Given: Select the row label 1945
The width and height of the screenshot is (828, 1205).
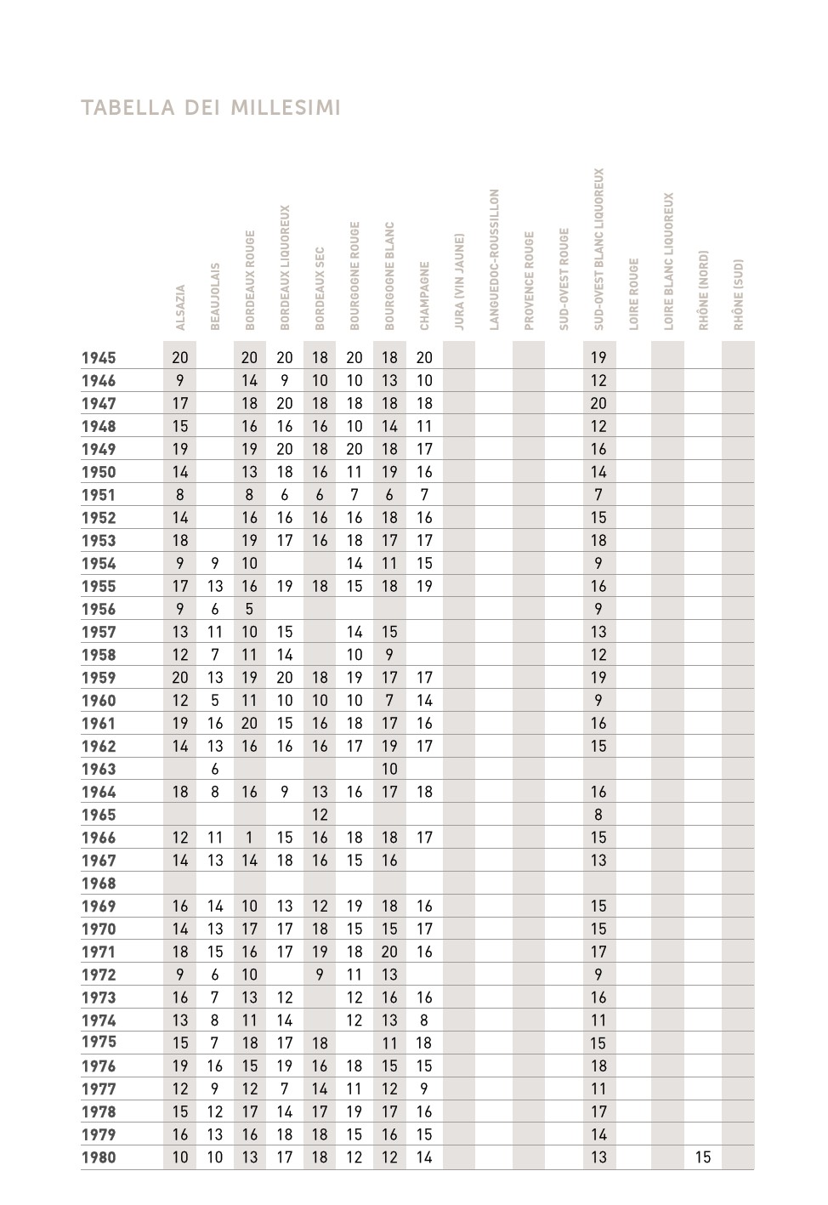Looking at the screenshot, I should pyautogui.click(x=99, y=358).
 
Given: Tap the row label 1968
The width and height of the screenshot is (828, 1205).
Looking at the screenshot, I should pyautogui.click(x=99, y=884).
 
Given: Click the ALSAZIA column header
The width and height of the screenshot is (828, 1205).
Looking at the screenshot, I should pyautogui.click(x=180, y=307).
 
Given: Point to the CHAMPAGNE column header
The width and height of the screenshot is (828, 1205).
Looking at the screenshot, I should pyautogui.click(x=424, y=295).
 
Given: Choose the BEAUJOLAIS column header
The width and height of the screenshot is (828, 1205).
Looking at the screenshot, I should pyautogui.click(x=215, y=296).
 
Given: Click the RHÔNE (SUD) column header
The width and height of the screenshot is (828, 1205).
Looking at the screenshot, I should pyautogui.click(x=738, y=294).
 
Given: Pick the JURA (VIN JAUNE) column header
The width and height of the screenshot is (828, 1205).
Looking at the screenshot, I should pyautogui.click(x=459, y=281).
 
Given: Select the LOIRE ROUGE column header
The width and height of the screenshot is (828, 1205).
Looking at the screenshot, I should pyautogui.click(x=633, y=294).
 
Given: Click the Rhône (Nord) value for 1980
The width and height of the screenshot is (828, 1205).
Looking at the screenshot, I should pyautogui.click(x=703, y=1157).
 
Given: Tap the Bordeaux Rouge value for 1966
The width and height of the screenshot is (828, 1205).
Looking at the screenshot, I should pyautogui.click(x=249, y=838).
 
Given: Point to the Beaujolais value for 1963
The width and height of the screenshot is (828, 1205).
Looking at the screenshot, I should pyautogui.click(x=215, y=769).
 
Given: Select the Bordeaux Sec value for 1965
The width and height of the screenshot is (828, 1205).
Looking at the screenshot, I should pyautogui.click(x=320, y=815).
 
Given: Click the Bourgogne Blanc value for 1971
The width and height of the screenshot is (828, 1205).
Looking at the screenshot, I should pyautogui.click(x=389, y=952).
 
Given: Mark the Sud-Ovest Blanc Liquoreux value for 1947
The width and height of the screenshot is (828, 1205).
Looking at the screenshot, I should pyautogui.click(x=598, y=404).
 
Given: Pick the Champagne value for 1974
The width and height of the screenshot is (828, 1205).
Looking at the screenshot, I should pyautogui.click(x=424, y=1020).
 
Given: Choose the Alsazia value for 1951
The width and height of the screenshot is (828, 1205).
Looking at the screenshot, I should pyautogui.click(x=180, y=495).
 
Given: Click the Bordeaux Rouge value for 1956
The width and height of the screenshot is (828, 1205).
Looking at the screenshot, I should pyautogui.click(x=249, y=609).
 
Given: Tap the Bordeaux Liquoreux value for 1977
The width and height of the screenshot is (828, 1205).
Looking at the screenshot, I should pyautogui.click(x=285, y=1088).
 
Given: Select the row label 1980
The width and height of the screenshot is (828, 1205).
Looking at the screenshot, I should pyautogui.click(x=99, y=1157).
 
